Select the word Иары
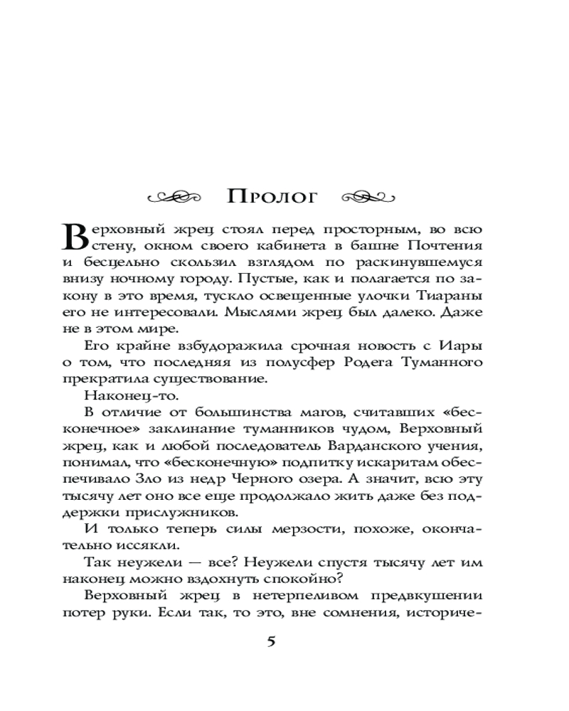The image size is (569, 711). (x=464, y=346)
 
